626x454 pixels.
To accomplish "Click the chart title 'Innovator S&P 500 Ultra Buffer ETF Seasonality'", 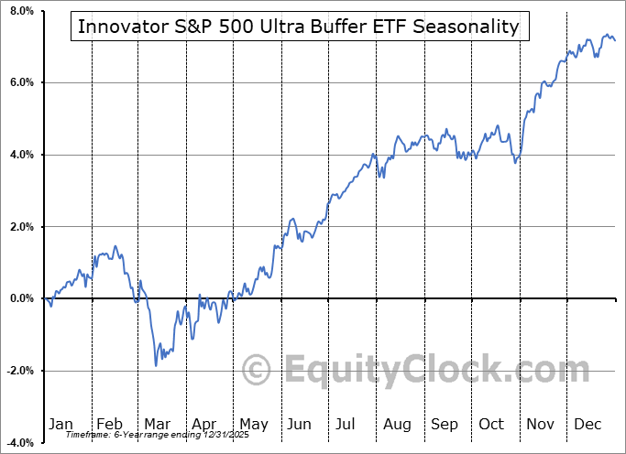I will [298, 27].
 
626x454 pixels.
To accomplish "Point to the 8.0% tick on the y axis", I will [20, 11].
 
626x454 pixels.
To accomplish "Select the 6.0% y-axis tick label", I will [20, 82].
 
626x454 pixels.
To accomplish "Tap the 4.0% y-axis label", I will [20, 155].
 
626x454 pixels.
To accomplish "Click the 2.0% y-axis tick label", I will [20, 227].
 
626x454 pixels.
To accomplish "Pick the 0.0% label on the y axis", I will [20, 298].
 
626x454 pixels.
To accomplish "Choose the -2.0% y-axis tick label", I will [18, 371].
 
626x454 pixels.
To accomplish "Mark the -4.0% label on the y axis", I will [18, 442].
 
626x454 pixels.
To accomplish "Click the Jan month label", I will [60, 424].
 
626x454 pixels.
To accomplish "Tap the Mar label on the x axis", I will [158, 424].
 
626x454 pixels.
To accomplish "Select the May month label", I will [253, 424].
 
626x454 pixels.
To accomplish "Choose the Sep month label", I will [445, 424].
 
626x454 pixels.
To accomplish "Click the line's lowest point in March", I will [156, 365].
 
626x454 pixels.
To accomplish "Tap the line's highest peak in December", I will [608, 36].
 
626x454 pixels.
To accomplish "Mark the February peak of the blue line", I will [115, 246].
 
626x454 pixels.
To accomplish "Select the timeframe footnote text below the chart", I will [151, 435].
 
